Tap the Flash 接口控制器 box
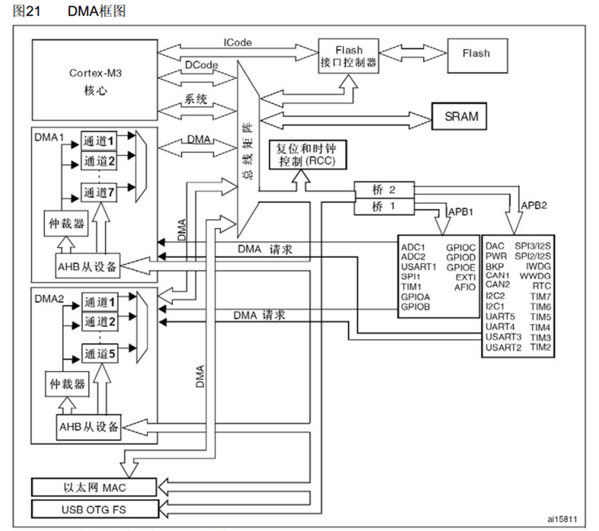click(348, 55)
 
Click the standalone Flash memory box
click(476, 54)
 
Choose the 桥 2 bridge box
click(383, 189)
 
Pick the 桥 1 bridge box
click(383, 206)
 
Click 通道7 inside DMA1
click(99, 193)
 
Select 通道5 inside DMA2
click(99, 354)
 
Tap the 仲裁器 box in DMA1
click(66, 223)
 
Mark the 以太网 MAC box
click(95, 486)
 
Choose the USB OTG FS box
click(95, 509)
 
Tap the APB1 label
click(462, 212)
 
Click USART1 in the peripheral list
click(419, 267)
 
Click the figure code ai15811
click(562, 519)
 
